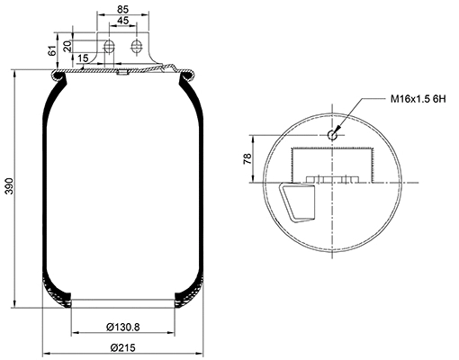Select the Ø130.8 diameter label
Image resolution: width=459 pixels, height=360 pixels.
pyautogui.click(x=122, y=326)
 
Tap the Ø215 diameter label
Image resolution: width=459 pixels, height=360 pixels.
pyautogui.click(x=122, y=347)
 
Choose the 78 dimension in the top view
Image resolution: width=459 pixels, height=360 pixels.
pyautogui.click(x=247, y=159)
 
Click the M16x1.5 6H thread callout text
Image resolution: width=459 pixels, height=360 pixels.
pyautogui.click(x=416, y=98)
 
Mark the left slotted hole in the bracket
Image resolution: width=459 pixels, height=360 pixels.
pyautogui.click(x=108, y=47)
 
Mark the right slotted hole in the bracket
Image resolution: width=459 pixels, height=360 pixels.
pyautogui.click(x=137, y=47)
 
